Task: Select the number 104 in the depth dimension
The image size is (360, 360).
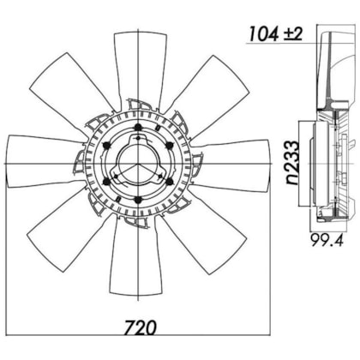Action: point(264,33)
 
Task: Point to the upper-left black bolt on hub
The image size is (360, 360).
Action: point(106,146)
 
